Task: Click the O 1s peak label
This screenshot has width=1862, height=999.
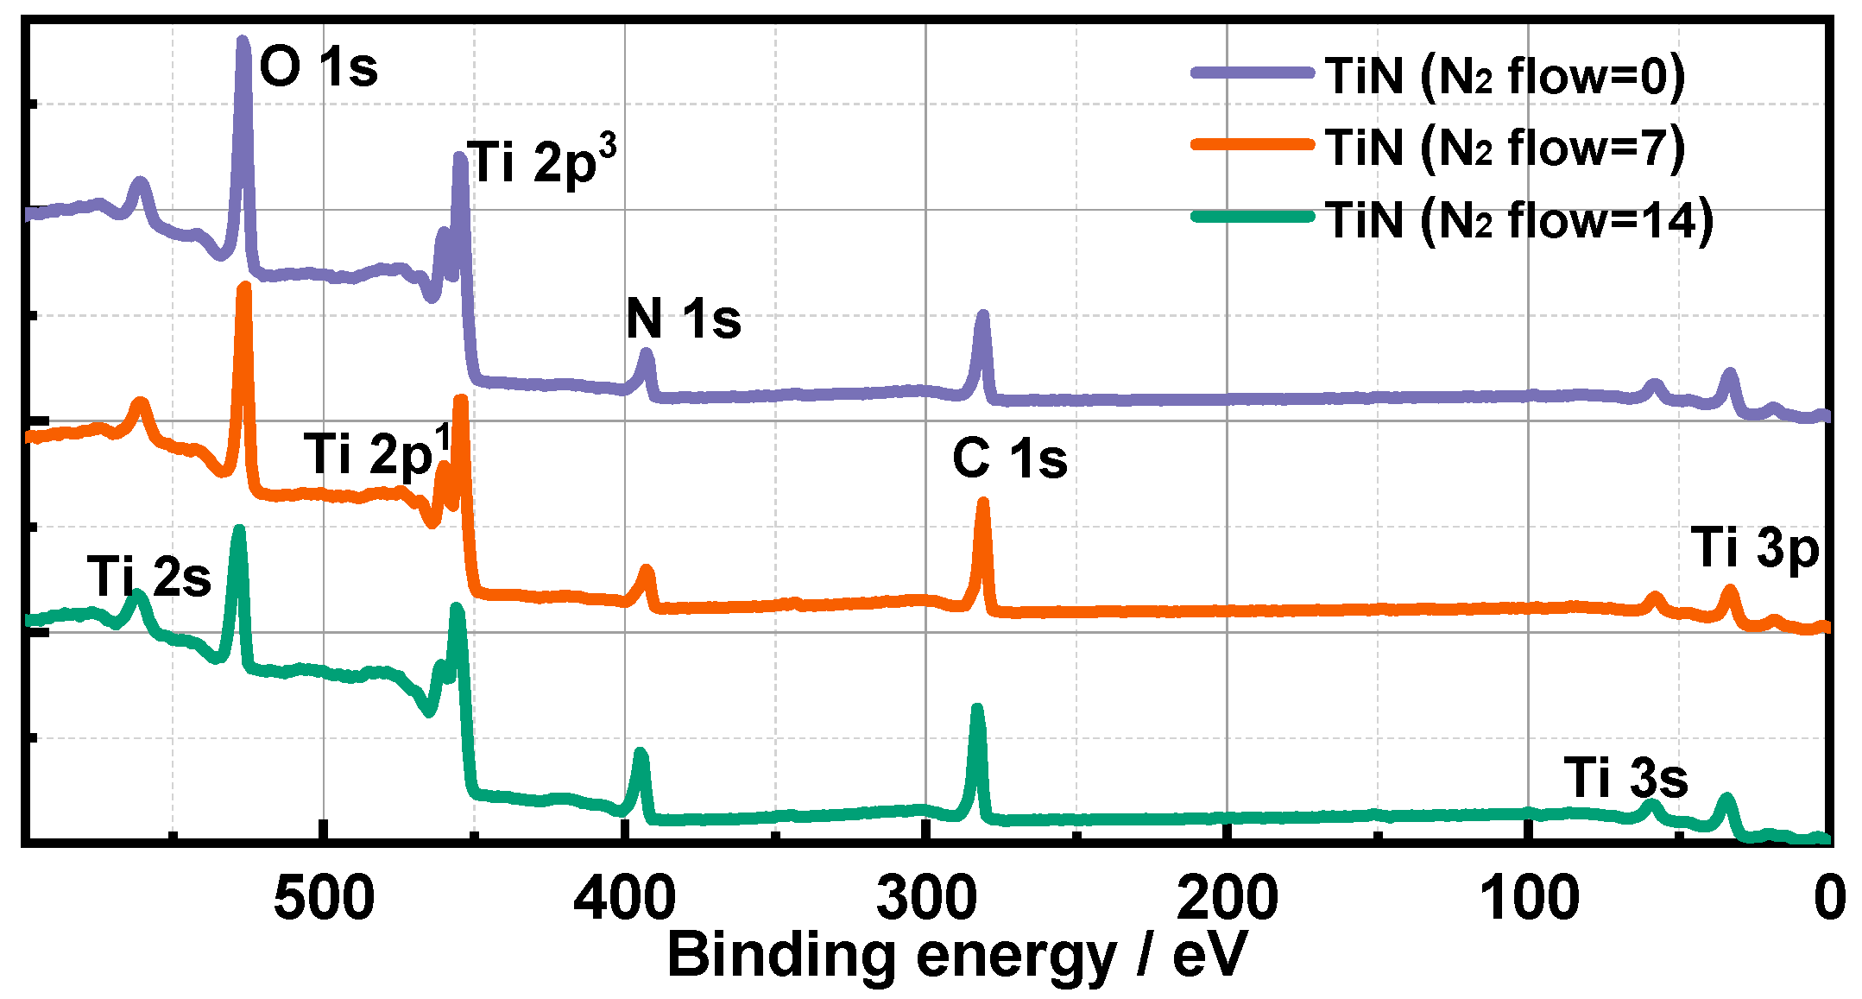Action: (x=319, y=66)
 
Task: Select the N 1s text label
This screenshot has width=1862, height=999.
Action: (x=683, y=319)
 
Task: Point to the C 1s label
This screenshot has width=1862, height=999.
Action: (x=1009, y=458)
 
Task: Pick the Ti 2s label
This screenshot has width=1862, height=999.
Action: (x=149, y=576)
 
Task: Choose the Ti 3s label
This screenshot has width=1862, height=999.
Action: (x=1625, y=778)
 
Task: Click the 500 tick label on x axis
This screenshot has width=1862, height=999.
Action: (x=324, y=898)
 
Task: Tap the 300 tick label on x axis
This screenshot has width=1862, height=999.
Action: (x=925, y=898)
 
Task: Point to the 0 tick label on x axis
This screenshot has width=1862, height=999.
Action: (x=1829, y=898)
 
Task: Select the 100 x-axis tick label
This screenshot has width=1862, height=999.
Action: (x=1529, y=898)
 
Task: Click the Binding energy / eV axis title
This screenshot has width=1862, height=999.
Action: (x=956, y=957)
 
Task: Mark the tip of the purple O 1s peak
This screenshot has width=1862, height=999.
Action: (x=243, y=41)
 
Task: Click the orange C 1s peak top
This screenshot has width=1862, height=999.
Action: (x=982, y=503)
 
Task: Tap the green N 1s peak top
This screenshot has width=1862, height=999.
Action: (x=640, y=753)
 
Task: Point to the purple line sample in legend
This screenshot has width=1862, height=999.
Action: (x=1252, y=73)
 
